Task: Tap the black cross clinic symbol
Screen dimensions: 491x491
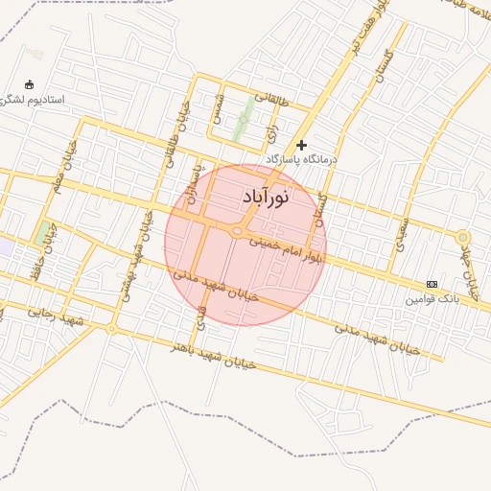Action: pyautogui.click(x=302, y=145)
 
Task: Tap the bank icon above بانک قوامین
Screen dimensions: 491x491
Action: pyautogui.click(x=432, y=285)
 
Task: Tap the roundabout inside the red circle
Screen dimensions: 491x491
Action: pyautogui.click(x=236, y=230)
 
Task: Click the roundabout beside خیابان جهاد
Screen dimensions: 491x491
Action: pyautogui.click(x=463, y=236)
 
